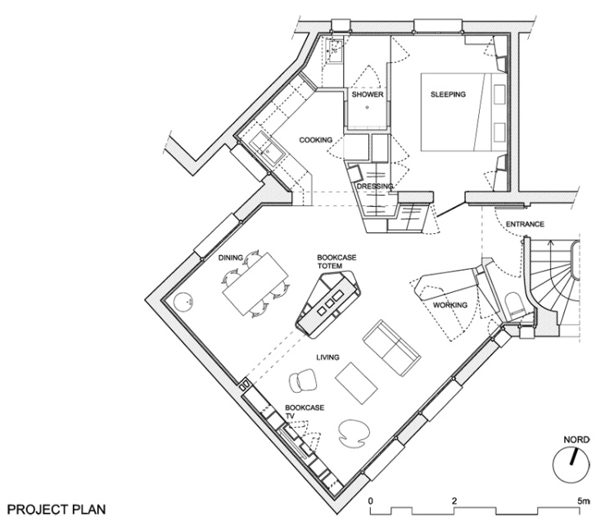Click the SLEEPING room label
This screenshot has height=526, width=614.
pyautogui.click(x=448, y=94)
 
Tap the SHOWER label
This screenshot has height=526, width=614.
pyautogui.click(x=368, y=94)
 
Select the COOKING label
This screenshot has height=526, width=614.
pyautogui.click(x=316, y=140)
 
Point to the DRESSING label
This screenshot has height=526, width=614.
pyautogui.click(x=375, y=187)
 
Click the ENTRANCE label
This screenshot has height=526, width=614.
pyautogui.click(x=525, y=224)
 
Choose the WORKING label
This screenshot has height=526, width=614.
pyautogui.click(x=450, y=305)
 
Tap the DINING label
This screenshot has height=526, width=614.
pyautogui.click(x=231, y=258)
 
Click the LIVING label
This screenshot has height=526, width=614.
pyautogui.click(x=327, y=357)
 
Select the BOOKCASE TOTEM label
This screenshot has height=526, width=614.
pyautogui.click(x=336, y=262)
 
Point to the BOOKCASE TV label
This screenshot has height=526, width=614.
pyautogui.click(x=305, y=411)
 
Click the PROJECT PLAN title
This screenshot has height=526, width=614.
pyautogui.click(x=56, y=510)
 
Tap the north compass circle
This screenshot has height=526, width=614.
pyautogui.click(x=571, y=465)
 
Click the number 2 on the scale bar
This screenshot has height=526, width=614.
pyautogui.click(x=454, y=501)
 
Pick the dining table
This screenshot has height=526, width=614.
pyautogui.click(x=255, y=284)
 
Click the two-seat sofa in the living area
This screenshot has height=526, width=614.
pyautogui.click(x=391, y=348)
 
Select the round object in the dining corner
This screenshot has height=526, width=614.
pyautogui.click(x=183, y=302)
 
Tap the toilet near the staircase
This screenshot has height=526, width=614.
pyautogui.click(x=514, y=305)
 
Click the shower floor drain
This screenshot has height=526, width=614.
pyautogui.click(x=368, y=107)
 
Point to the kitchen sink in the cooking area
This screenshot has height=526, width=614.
pyautogui.click(x=268, y=149)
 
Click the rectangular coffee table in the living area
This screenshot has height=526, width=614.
pyautogui.click(x=356, y=383)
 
